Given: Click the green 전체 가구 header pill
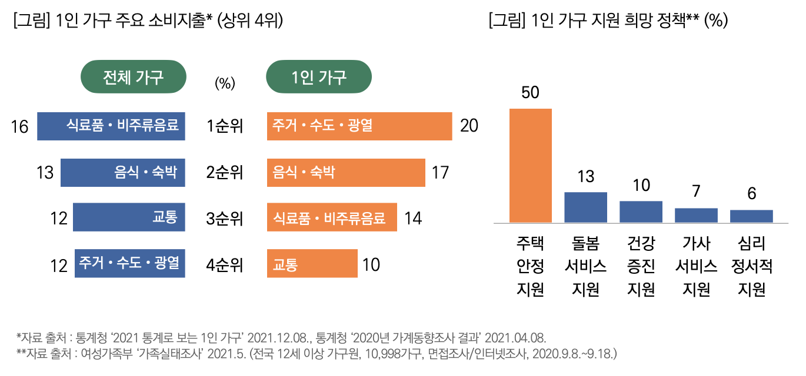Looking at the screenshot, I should coord(133,77).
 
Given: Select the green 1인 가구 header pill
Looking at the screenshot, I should coord(319,77).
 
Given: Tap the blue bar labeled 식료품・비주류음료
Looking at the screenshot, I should coord(111,126).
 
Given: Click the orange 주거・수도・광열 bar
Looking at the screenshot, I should coord(359,126).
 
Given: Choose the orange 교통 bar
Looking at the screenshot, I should coord(312,264).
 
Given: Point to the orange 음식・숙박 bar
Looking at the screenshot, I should coord(346,172).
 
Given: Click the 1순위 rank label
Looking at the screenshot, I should coord(225,126).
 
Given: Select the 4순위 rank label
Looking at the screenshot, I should coord(225,265).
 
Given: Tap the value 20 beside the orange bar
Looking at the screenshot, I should coord(469,126).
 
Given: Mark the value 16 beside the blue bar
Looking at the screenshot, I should coord(20,126).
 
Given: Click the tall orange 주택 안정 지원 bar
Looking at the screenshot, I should coord(530,166).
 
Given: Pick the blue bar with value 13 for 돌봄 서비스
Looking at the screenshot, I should coord(585,207).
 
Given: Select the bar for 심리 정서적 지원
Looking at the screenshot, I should coord(751,216).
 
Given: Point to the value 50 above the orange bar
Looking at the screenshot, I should coord(530,93).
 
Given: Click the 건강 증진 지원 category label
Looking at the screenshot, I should coord(641,266).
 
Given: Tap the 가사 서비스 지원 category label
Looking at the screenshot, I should coord(696,266).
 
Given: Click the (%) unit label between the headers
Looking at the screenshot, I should coord(225,83).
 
